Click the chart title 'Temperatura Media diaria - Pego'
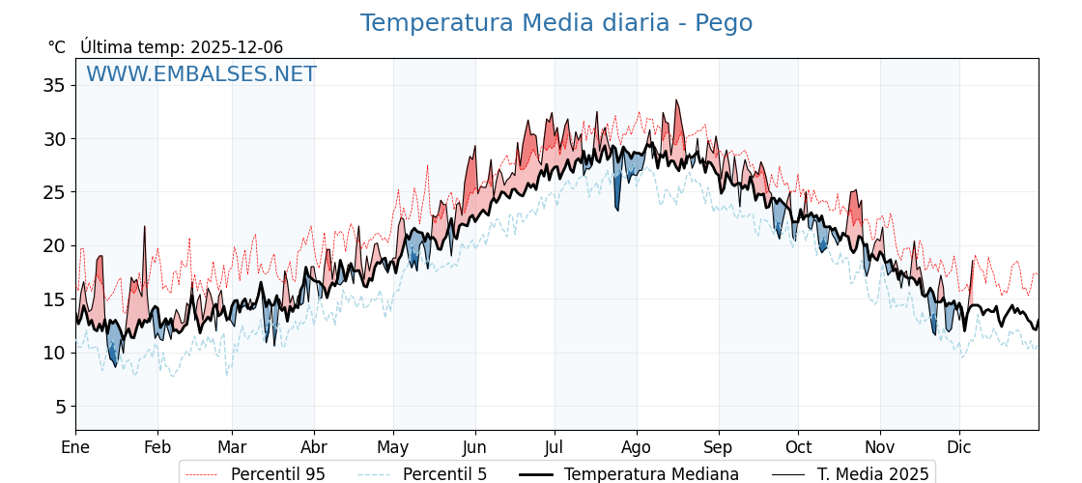click(555, 23)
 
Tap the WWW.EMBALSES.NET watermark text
click(201, 74)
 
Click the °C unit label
click(57, 47)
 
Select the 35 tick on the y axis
click(54, 85)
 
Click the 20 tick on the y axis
click(54, 245)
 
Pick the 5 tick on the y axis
click(59, 407)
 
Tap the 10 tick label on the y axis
click(54, 353)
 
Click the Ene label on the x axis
click(75, 447)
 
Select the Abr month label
click(314, 447)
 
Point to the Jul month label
click(555, 447)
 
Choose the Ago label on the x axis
click(637, 447)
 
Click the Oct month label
click(798, 447)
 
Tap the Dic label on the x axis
click(959, 447)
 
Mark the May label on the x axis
click(393, 447)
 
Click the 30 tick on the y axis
click(54, 139)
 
